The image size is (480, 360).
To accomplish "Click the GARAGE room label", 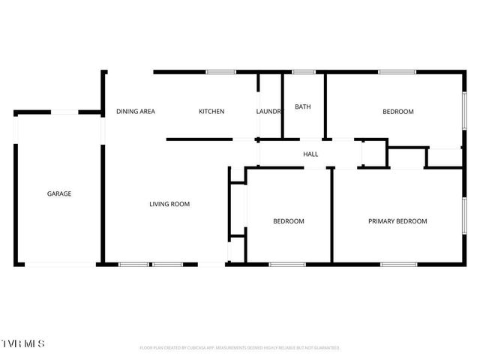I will pyautogui.click(x=59, y=193).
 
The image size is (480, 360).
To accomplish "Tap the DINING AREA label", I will pyautogui.click(x=136, y=112).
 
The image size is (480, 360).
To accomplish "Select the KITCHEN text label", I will pyautogui.click(x=211, y=112).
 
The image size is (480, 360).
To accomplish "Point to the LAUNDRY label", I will pyautogui.click(x=269, y=112).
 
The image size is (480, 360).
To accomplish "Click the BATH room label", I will pyautogui.click(x=303, y=106).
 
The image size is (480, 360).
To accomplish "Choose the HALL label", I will pyautogui.click(x=310, y=154).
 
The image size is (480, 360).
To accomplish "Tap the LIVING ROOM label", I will pyautogui.click(x=169, y=204).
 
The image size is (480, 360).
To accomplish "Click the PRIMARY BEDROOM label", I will pyautogui.click(x=397, y=221).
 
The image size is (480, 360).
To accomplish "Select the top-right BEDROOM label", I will pyautogui.click(x=398, y=112).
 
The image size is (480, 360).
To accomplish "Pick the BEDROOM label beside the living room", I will pyautogui.click(x=289, y=221).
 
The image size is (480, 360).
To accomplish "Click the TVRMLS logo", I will pyautogui.click(x=23, y=344).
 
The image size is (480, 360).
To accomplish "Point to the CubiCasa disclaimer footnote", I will pyautogui.click(x=240, y=348).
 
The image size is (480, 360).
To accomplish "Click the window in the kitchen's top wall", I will pyautogui.click(x=221, y=72).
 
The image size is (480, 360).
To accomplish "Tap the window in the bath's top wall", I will pyautogui.click(x=304, y=72).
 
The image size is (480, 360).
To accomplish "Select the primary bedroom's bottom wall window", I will pyautogui.click(x=399, y=263).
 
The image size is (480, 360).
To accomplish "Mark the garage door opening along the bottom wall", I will pyautogui.click(x=60, y=263).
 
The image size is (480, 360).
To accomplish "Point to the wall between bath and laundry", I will pyautogui.click(x=282, y=105).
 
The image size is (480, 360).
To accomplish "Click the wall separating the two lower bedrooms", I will pyautogui.click(x=331, y=215).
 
